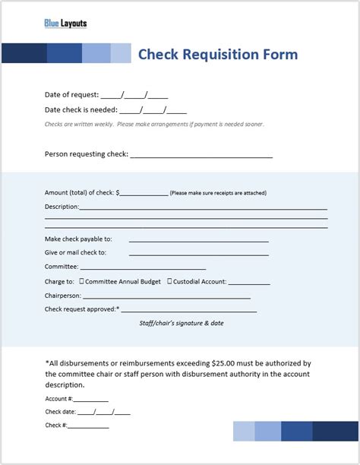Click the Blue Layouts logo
(65, 24)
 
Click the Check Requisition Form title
(217, 54)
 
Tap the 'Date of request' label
(71, 95)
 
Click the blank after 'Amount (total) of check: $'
(144, 194)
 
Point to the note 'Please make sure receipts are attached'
(219, 193)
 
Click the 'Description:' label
(62, 207)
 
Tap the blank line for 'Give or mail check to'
(199, 253)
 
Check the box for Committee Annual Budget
(81, 281)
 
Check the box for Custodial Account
(169, 281)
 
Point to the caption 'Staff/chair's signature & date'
(181, 323)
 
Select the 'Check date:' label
(60, 413)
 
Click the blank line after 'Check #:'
(89, 426)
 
